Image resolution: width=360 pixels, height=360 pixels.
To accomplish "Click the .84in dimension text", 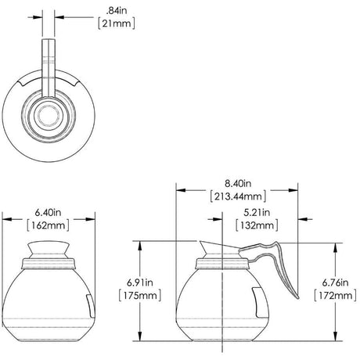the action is (116, 11).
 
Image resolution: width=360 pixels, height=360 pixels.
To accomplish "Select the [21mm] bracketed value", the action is (117, 23).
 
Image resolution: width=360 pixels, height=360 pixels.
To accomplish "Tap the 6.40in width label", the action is (49, 212).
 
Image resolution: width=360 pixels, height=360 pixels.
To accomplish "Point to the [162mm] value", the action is (49, 225).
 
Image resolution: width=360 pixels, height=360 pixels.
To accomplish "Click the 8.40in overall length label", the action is (238, 183).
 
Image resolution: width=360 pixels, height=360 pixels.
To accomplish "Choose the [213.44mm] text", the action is (238, 196).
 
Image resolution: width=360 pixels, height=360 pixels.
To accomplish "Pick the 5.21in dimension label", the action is (257, 212).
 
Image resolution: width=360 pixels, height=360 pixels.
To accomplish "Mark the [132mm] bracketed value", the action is (257, 225).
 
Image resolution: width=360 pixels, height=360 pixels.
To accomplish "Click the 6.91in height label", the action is (140, 283).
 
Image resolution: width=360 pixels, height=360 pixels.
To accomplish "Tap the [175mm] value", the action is (140, 295).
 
